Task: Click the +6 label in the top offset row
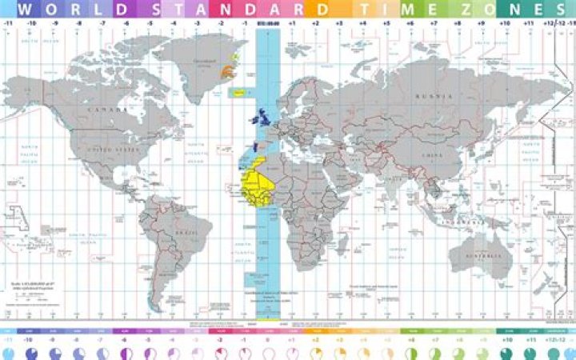click(410, 25)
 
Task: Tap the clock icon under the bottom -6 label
click(126, 353)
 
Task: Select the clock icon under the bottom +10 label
click(506, 353)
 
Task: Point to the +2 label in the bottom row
click(315, 340)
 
